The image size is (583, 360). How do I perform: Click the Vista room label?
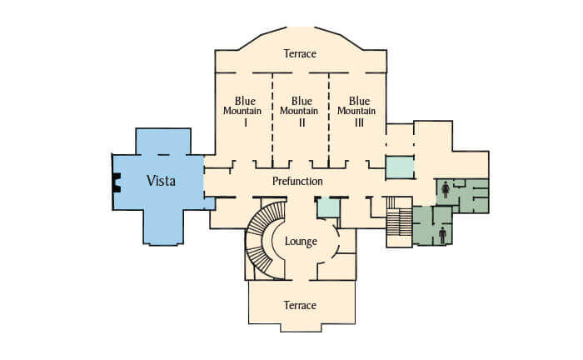[161, 181]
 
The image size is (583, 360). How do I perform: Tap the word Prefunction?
[297, 181]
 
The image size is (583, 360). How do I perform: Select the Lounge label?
[301, 242]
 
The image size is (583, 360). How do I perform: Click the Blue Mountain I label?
[242, 111]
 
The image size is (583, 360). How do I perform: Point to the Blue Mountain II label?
[299, 111]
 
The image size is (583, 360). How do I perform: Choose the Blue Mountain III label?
[356, 111]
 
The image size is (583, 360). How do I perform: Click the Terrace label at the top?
[300, 53]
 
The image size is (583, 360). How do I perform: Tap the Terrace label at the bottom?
[300, 305]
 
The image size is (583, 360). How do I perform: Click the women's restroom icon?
[446, 190]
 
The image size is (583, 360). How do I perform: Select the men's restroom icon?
[442, 236]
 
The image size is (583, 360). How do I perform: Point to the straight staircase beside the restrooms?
[399, 222]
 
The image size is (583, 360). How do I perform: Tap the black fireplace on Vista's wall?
[117, 182]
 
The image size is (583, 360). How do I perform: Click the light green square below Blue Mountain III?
[400, 167]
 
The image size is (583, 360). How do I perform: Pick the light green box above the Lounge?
[328, 207]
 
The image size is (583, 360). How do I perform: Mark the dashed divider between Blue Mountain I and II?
[272, 119]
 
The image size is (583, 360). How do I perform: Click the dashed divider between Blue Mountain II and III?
[329, 119]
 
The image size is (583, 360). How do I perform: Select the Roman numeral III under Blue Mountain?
[359, 122]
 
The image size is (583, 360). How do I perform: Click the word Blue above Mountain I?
[245, 101]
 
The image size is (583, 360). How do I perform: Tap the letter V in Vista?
[151, 181]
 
